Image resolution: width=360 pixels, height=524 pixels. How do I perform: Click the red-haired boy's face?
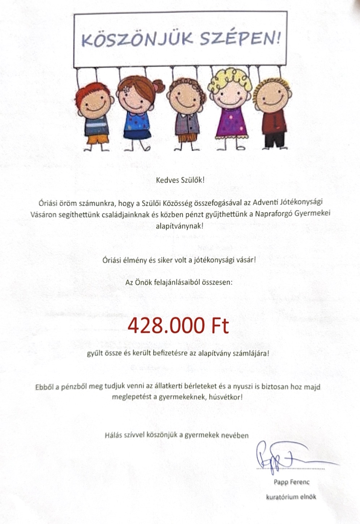(93, 99)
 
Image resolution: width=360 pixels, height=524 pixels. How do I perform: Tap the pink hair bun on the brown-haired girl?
(158, 85)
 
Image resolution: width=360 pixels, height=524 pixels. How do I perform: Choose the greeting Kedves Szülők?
(180, 180)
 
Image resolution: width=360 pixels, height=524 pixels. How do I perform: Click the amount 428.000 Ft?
(178, 325)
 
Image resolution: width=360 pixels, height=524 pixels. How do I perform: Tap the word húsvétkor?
(227, 397)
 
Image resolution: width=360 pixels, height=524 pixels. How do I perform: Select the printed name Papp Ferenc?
(291, 482)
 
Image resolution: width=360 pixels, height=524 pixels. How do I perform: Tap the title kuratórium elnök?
(291, 497)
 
